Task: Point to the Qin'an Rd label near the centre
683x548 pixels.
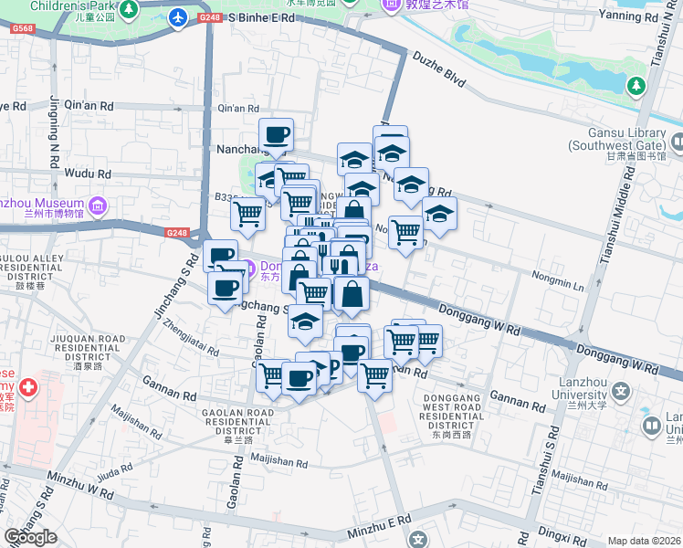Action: (240, 108)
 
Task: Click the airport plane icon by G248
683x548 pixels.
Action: (179, 17)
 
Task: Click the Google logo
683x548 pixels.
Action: (30, 537)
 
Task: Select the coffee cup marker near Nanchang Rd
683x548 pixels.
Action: (276, 136)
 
